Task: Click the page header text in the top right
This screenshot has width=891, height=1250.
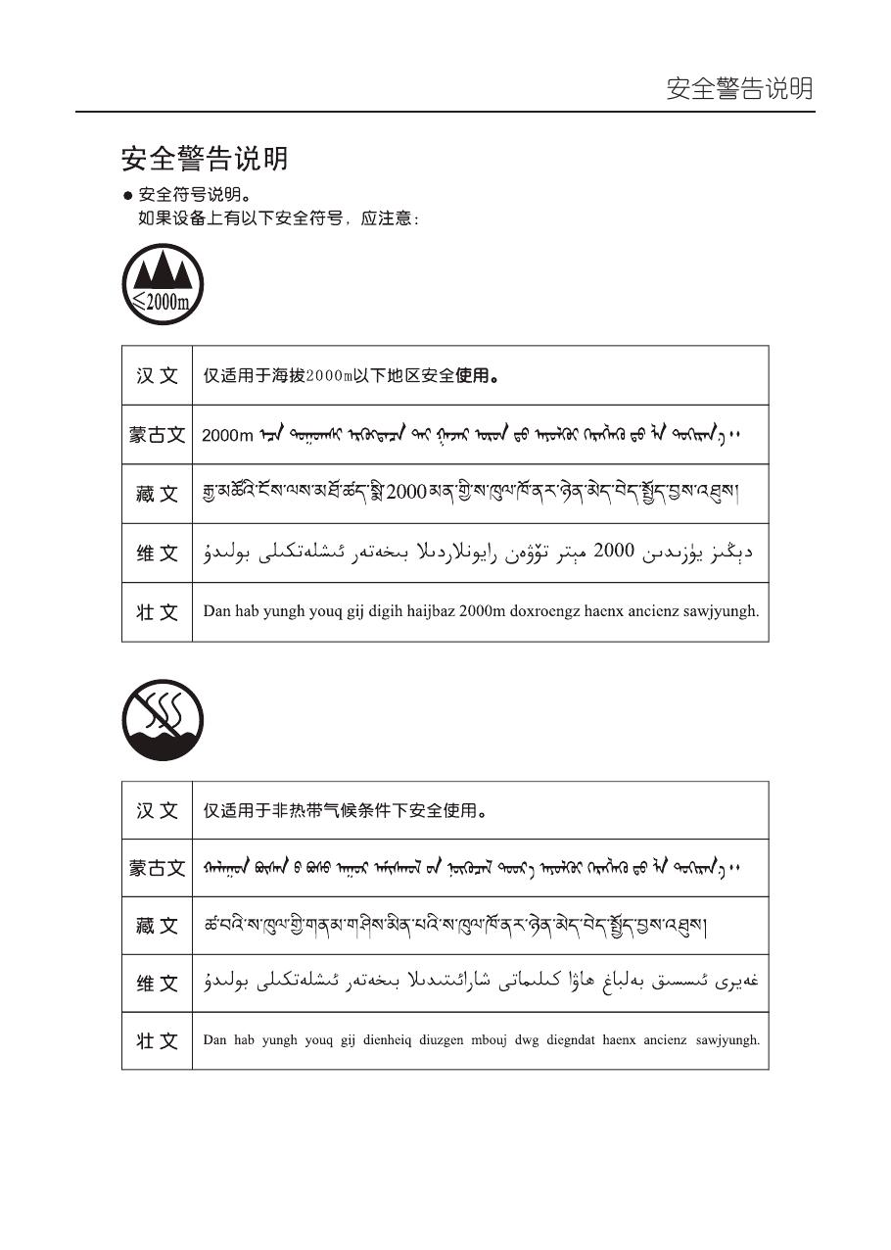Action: click(x=739, y=89)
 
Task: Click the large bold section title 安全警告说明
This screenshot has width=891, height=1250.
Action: click(x=205, y=158)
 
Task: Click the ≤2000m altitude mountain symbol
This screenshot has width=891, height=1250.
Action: click(x=163, y=284)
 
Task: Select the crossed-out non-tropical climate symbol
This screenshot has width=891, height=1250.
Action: click(x=163, y=720)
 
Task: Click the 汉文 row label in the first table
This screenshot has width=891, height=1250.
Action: click(x=157, y=376)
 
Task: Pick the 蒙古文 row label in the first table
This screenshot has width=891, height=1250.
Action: click(x=157, y=435)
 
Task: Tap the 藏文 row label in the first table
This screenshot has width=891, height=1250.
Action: click(x=157, y=494)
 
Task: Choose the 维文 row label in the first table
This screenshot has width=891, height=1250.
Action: click(x=157, y=553)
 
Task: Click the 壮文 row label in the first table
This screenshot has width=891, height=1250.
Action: click(x=157, y=612)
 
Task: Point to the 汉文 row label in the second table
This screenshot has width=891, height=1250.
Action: click(x=157, y=811)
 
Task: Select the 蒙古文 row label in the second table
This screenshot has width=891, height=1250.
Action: click(x=157, y=868)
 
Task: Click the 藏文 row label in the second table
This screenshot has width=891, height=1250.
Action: click(x=157, y=926)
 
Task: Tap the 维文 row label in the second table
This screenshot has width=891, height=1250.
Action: click(x=157, y=984)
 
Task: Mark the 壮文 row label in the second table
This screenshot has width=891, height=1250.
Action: click(x=157, y=1040)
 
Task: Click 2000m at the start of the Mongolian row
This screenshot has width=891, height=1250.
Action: click(x=227, y=436)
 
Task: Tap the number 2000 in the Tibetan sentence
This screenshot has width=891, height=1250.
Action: click(x=406, y=493)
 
